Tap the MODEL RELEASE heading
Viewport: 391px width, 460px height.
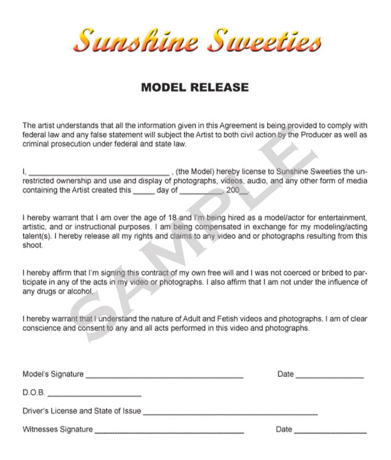(195, 86)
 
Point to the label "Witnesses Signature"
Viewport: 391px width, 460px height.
(57, 430)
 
